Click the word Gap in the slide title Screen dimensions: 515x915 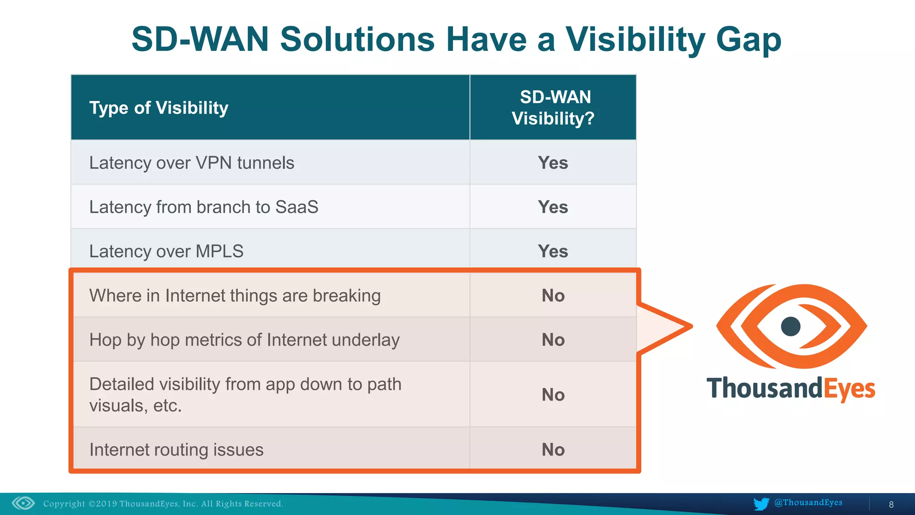tap(748, 40)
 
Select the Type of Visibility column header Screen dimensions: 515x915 tap(159, 108)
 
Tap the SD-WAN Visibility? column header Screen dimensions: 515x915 tap(553, 108)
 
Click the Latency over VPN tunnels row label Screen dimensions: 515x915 tap(192, 163)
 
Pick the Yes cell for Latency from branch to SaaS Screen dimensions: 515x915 tap(553, 207)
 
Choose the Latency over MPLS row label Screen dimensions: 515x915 tap(166, 251)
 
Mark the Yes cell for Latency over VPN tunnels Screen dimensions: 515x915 tap(553, 163)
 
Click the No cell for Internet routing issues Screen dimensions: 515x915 tap(553, 450)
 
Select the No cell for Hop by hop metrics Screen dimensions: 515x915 tap(553, 340)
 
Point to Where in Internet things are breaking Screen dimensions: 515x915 tap(235, 295)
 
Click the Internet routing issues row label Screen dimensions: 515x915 tap(176, 450)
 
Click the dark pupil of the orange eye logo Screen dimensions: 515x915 tap(790, 326)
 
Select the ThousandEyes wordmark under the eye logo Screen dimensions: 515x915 tap(790, 388)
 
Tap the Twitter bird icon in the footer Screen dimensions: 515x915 tap(761, 503)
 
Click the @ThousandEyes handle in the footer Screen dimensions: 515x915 tap(808, 502)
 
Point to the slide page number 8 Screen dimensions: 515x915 tap(891, 504)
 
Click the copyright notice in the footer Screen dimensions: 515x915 tap(163, 504)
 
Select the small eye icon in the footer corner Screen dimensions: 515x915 tap(23, 503)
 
